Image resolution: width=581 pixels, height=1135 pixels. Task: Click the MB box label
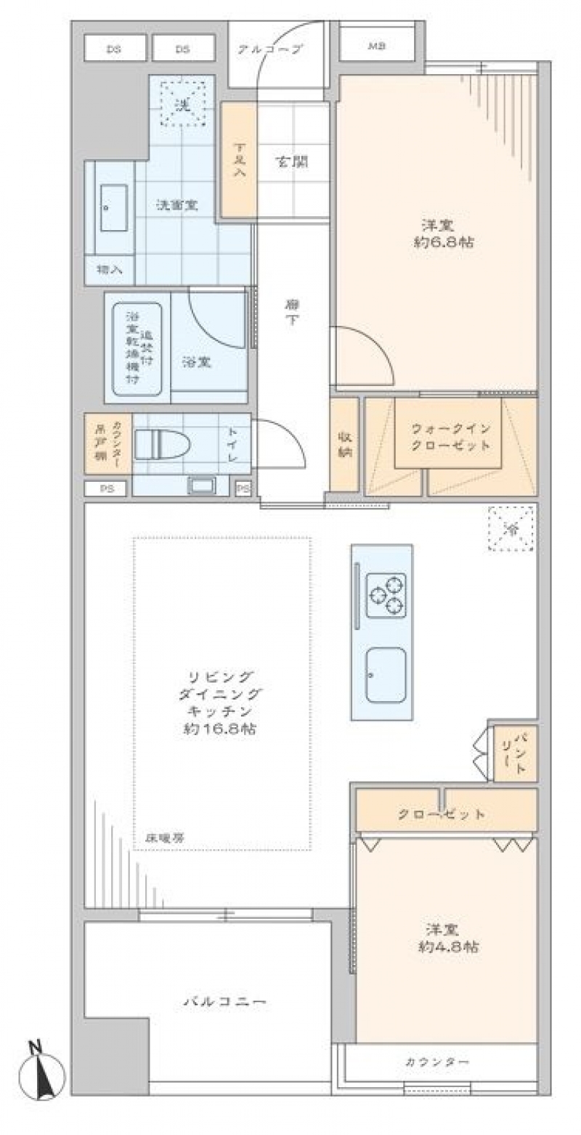(x=375, y=48)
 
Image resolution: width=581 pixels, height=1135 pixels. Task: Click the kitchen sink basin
(x=386, y=675)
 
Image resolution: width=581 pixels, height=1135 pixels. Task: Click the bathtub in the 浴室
(x=137, y=348)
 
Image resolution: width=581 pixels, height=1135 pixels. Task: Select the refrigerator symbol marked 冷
(x=512, y=529)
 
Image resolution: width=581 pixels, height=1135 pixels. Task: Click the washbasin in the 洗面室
(x=113, y=208)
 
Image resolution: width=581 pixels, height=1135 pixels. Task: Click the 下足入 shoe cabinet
(x=239, y=160)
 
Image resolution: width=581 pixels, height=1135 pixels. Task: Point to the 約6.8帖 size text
(x=443, y=243)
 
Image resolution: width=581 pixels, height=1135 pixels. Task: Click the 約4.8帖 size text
(x=445, y=946)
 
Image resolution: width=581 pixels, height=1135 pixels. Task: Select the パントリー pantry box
(x=516, y=753)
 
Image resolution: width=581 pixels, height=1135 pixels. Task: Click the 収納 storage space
(x=344, y=443)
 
